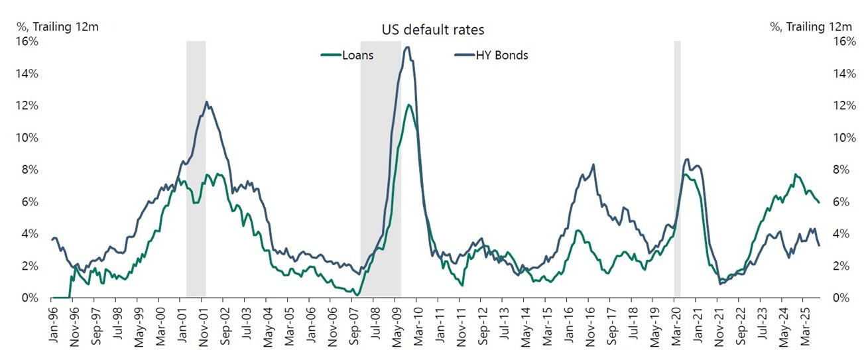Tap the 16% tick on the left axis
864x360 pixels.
[29, 41]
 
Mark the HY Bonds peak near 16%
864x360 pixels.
[407, 47]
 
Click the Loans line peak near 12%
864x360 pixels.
[409, 105]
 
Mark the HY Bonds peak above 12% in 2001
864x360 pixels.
[206, 101]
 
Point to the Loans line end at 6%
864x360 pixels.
[819, 202]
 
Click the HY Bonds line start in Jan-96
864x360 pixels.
[52, 239]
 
